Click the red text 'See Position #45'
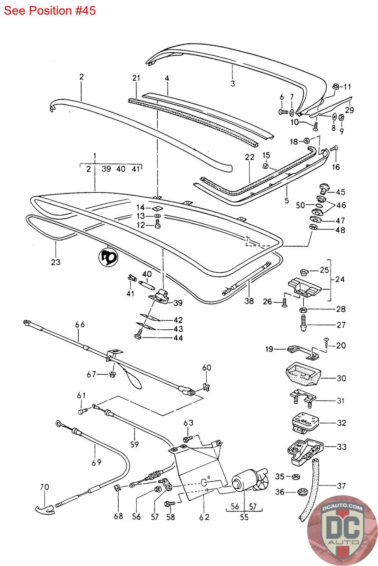50,11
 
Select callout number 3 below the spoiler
232,84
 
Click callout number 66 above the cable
80,324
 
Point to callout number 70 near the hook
44,487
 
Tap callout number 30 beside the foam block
341,378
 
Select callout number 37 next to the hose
341,486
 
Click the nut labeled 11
335,86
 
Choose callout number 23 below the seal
56,262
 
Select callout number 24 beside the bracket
340,279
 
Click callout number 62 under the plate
204,517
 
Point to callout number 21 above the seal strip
136,78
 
